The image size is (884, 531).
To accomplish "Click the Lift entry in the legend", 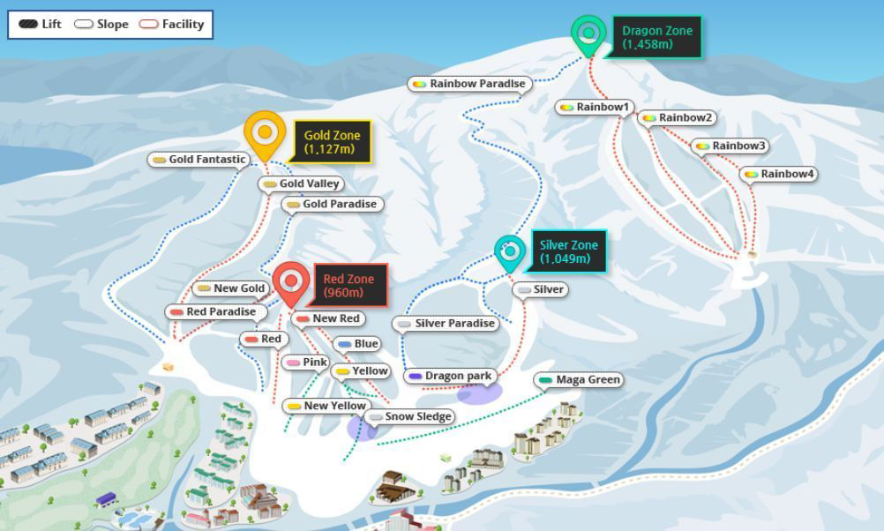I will point(41,25).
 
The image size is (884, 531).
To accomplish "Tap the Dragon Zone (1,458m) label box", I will point(656,37).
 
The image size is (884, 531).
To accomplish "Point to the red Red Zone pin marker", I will point(290,283).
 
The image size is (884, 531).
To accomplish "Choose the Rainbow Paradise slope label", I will point(469,84).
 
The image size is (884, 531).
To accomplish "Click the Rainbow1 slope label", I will point(596,108).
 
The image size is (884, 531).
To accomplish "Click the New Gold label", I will point(231,288).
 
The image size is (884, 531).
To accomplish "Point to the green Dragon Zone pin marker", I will point(588,34).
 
